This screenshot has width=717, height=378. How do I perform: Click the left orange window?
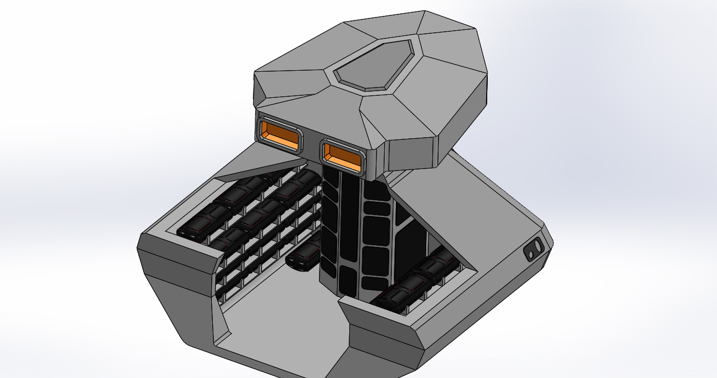(x=280, y=134)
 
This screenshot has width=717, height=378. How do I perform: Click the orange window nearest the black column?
(x=342, y=156)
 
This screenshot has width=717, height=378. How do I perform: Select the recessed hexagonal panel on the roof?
(x=373, y=65)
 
